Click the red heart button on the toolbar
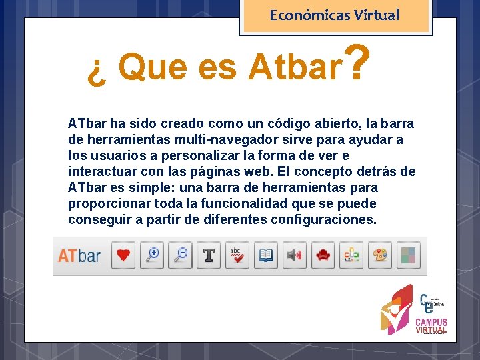point(124,255)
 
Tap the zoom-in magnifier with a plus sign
point(153,255)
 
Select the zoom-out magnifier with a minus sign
point(180,255)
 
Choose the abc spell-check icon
point(237,255)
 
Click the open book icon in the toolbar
point(265,255)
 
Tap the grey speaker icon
point(294,255)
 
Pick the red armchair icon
point(323,255)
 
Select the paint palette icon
point(380,255)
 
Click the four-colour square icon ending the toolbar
point(408,255)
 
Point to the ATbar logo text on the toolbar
point(79,256)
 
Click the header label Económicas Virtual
point(335,15)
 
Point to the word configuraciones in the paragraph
point(323,219)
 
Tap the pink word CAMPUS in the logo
point(431,323)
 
